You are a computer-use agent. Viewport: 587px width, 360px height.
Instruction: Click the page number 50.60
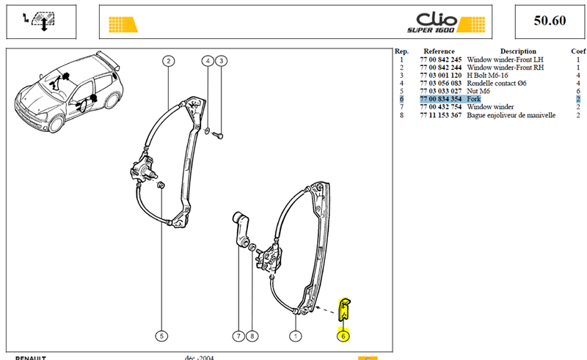pos(550,21)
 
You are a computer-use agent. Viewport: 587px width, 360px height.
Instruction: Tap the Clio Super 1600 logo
pos(446,23)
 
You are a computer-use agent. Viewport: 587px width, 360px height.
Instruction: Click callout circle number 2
pos(169,61)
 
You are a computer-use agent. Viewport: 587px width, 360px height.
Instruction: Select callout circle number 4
pos(208,61)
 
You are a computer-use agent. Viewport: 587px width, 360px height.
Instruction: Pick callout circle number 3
pos(222,61)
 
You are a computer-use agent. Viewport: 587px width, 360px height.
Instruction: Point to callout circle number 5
pos(161,336)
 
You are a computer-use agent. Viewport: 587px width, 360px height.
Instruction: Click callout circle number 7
pos(238,336)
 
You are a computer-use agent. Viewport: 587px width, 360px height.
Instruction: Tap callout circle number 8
pos(252,336)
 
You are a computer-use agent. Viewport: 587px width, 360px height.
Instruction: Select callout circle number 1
pos(296,336)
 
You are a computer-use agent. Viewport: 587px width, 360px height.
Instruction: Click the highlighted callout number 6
pos(343,336)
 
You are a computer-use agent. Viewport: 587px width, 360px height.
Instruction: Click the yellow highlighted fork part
pos(344,309)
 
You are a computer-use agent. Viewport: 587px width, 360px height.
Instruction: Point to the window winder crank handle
pos(241,229)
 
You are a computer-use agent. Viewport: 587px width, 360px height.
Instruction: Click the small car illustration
pos(68,92)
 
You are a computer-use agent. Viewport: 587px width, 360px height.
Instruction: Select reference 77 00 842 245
pos(441,60)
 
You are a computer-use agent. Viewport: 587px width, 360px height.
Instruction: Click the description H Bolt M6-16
pos(487,76)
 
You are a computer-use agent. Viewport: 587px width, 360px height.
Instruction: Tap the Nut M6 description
pos(478,91)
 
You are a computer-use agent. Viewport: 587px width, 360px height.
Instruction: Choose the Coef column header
pos(578,51)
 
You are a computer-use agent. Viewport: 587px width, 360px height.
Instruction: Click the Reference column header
pos(439,51)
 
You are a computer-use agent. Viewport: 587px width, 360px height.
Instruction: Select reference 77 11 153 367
pos(441,115)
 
